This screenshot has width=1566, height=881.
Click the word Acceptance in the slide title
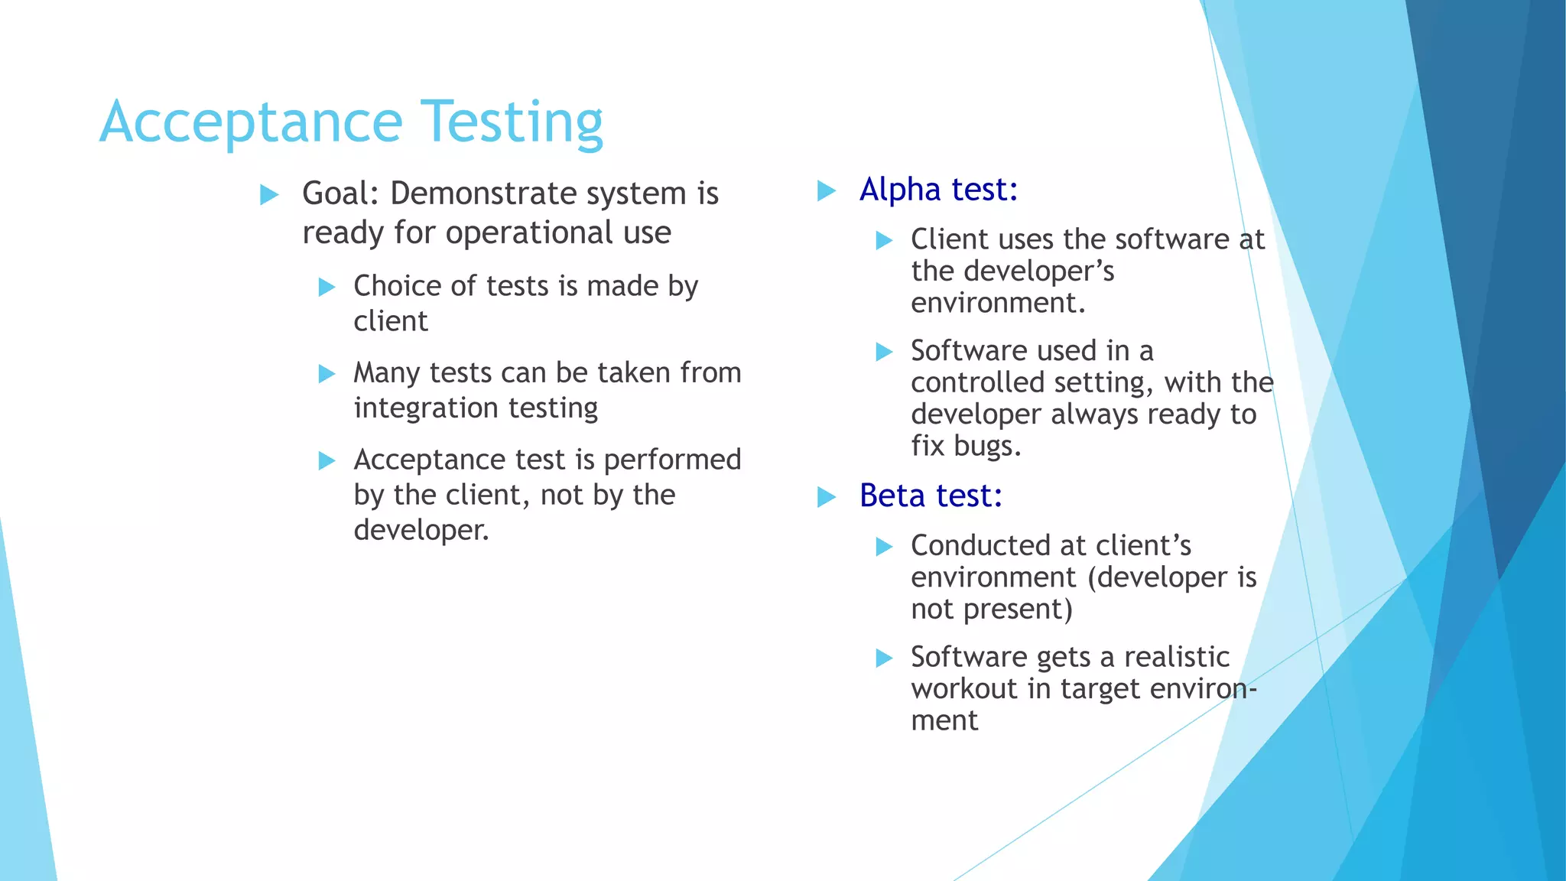[x=251, y=122]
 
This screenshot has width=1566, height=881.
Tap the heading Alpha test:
[x=938, y=190]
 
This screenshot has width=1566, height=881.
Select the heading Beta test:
[x=931, y=496]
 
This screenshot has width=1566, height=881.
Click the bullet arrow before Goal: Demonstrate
[x=269, y=194]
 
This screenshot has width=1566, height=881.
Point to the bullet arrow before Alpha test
[x=826, y=190]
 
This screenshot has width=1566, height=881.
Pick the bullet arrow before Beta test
[x=826, y=497]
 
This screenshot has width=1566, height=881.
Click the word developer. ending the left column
[x=421, y=530]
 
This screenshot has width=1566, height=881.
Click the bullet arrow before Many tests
[x=327, y=374]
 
